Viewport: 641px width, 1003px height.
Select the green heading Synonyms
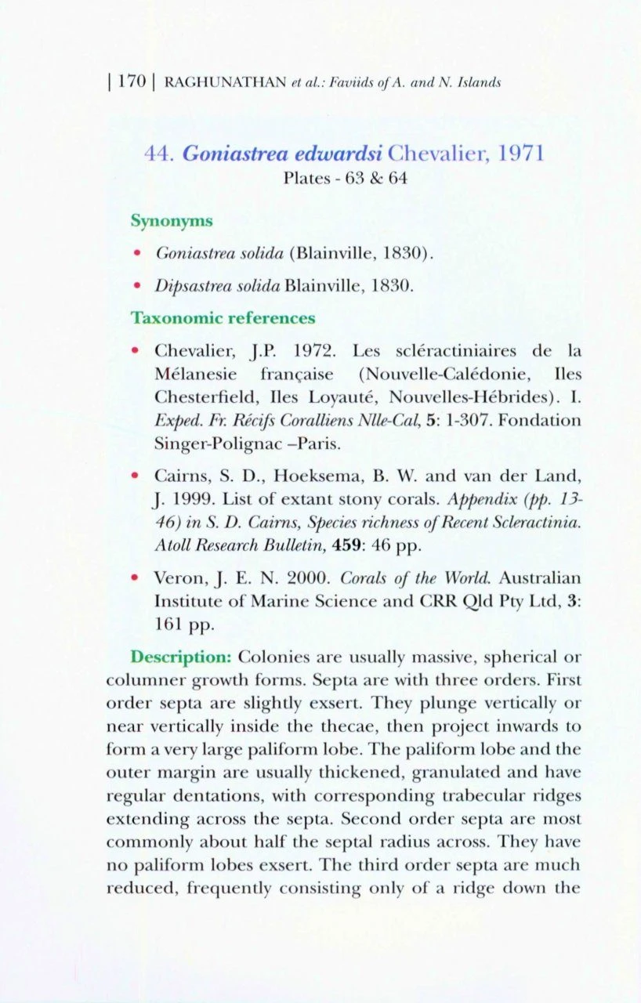click(x=171, y=221)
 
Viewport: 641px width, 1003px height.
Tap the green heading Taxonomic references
click(x=223, y=318)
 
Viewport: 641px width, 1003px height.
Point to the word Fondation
click(x=540, y=420)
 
